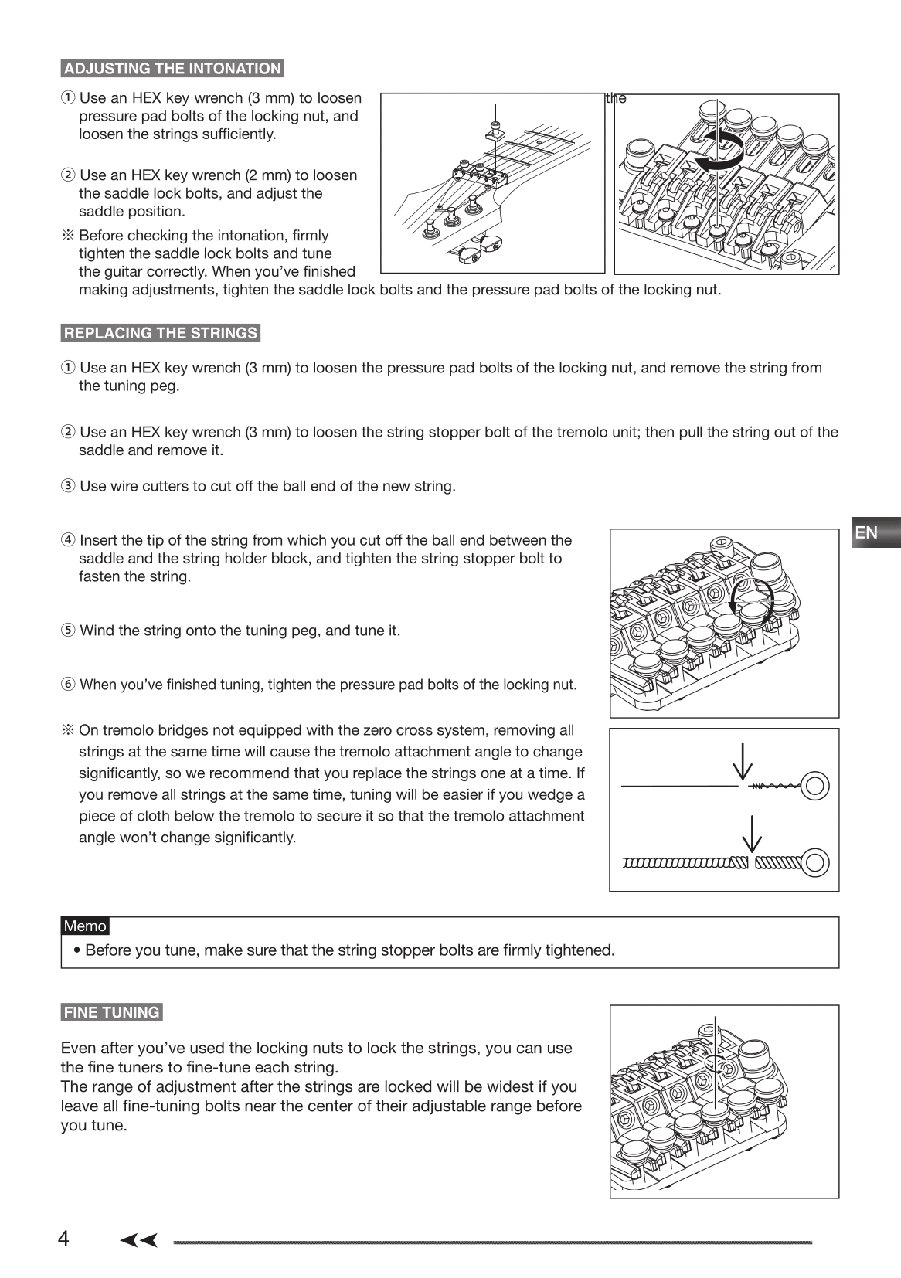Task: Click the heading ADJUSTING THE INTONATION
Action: pyautogui.click(x=172, y=69)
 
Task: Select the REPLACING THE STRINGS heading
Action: pyautogui.click(x=160, y=334)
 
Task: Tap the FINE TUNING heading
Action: pyautogui.click(x=112, y=1013)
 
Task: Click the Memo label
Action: pyautogui.click(x=85, y=926)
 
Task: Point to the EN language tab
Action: pyautogui.click(x=868, y=532)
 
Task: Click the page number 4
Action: pyautogui.click(x=63, y=1239)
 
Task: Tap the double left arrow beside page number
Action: pyautogui.click(x=139, y=1241)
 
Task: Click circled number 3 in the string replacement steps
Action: pyautogui.click(x=68, y=487)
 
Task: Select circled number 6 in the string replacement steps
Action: pyautogui.click(x=68, y=685)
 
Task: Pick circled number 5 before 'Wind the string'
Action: pyautogui.click(x=68, y=631)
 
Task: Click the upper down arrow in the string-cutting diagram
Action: pyautogui.click(x=743, y=761)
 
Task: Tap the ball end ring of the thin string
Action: pyautogui.click(x=815, y=786)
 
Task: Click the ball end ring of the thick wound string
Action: pyautogui.click(x=815, y=862)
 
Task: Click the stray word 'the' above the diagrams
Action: pyautogui.click(x=616, y=98)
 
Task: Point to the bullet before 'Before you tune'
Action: pyautogui.click(x=78, y=950)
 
